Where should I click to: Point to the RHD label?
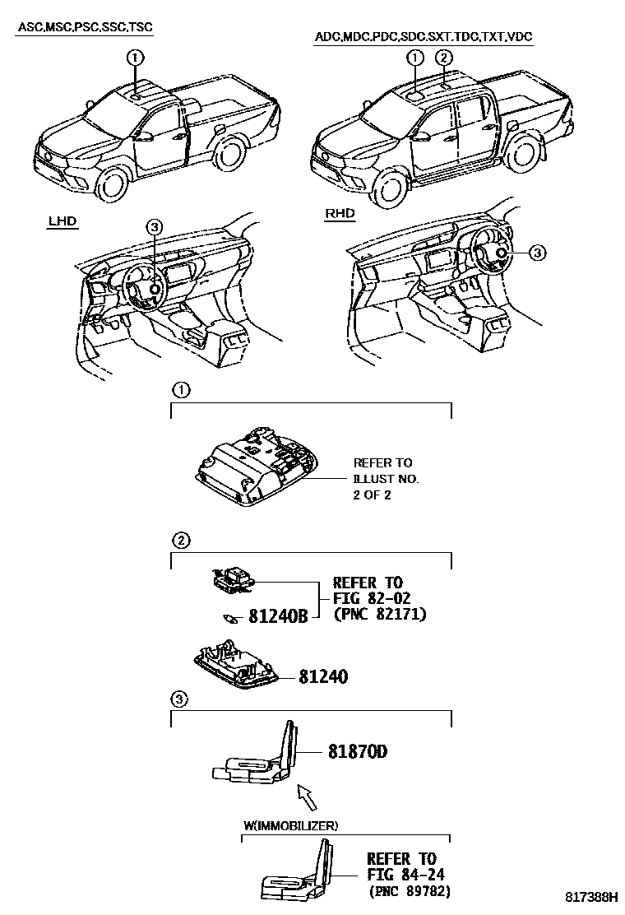coord(340,214)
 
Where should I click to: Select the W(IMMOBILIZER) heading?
coord(289,825)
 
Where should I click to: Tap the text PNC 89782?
coord(409,891)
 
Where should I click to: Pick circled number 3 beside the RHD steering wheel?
coord(536,253)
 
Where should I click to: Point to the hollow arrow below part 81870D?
coord(305,795)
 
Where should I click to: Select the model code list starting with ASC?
coord(86,27)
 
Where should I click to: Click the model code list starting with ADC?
coord(423,37)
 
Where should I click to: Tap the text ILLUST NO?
coord(386,479)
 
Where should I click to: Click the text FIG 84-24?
coord(401,874)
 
